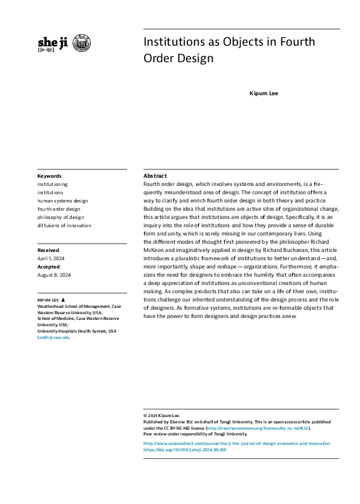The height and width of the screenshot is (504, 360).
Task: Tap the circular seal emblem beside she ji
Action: (81, 43)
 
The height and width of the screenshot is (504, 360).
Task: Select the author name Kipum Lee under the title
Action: (263, 93)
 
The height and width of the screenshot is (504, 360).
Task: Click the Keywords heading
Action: (50, 176)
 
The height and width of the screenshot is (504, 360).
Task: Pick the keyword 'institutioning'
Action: (52, 184)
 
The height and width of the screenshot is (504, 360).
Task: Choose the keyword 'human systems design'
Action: (62, 201)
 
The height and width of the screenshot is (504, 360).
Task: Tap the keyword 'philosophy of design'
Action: (60, 217)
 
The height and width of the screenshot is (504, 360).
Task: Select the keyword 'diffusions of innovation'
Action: (63, 225)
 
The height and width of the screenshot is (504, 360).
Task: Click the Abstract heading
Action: (155, 175)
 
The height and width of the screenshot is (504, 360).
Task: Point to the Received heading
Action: (48, 250)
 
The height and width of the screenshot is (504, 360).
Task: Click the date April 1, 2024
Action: (51, 258)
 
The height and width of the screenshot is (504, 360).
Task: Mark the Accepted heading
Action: (49, 267)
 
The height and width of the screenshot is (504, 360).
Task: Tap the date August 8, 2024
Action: (54, 275)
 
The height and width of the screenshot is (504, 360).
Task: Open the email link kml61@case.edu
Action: (53, 338)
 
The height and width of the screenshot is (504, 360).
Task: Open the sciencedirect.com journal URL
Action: (236, 443)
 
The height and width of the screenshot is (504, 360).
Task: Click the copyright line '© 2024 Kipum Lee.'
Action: (162, 415)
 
